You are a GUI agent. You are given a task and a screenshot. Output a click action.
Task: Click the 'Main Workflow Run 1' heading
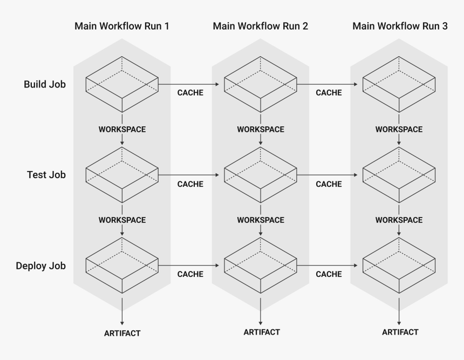122,26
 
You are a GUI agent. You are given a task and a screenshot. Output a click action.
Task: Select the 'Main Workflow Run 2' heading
261,26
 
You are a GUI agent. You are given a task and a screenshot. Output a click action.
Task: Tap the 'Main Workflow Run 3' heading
400,26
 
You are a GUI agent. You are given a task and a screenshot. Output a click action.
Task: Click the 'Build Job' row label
45,84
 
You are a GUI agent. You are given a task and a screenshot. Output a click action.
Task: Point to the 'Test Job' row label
46,175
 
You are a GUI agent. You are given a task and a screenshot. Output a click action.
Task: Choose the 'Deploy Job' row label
41,266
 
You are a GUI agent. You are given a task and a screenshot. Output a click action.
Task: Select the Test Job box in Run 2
261,175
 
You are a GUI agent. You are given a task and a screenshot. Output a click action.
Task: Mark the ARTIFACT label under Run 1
122,333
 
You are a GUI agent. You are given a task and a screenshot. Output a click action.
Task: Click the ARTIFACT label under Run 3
400,332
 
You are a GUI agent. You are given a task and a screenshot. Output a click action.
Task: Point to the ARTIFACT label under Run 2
261,332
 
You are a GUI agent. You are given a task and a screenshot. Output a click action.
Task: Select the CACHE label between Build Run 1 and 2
190,93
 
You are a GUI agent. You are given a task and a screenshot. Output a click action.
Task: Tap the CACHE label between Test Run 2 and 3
329,184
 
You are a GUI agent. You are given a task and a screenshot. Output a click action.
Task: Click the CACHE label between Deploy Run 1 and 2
190,274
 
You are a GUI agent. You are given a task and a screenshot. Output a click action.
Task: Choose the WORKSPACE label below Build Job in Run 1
122,130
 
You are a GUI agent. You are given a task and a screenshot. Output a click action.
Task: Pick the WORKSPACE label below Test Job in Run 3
399,220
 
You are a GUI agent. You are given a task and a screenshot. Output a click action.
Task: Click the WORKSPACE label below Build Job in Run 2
261,130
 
